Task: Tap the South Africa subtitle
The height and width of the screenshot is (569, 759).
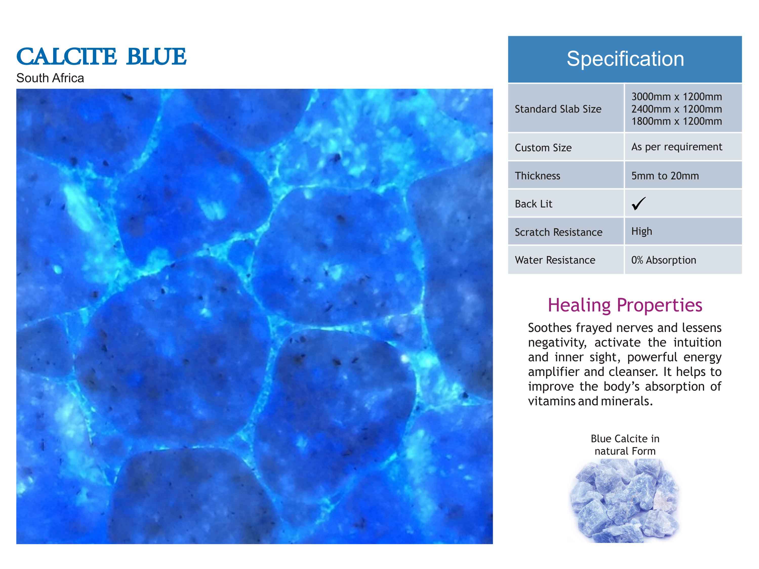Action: [x=50, y=78]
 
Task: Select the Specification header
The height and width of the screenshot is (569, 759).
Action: [x=625, y=59]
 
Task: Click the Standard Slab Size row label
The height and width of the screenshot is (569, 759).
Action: [x=558, y=109]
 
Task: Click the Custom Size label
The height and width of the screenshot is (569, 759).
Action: [x=543, y=148]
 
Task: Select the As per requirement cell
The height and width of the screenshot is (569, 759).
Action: [x=677, y=147]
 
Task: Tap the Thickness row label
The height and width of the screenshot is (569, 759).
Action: [x=537, y=176]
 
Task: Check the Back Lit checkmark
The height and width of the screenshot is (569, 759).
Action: [x=638, y=203]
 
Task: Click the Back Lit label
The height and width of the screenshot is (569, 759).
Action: [x=534, y=204]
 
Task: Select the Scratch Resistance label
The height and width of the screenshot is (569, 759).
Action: [x=558, y=232]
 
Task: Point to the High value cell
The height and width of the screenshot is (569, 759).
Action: [x=642, y=231]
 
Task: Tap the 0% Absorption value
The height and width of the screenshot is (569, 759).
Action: [x=664, y=260]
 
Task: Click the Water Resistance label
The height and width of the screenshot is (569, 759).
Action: [x=555, y=260]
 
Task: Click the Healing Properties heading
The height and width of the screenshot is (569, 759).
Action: [x=625, y=305]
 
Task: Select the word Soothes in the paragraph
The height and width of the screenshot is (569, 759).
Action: [x=549, y=328]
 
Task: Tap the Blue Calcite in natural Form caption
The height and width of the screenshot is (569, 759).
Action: [x=625, y=445]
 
